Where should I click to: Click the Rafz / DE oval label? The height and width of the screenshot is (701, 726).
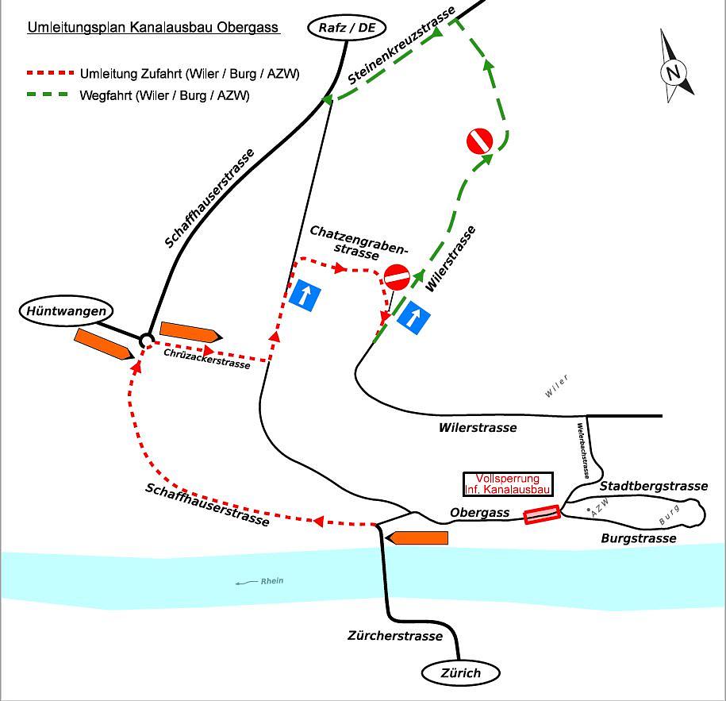347,29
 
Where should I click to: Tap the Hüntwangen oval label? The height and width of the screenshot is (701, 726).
66,311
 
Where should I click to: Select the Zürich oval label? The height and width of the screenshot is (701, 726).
461,673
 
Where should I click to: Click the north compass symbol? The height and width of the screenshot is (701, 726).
674,71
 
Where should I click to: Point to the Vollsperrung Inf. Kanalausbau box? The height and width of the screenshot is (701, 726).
508,484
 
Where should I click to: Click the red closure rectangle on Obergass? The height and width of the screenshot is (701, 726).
542,514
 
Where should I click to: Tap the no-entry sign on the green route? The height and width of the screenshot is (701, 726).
480,141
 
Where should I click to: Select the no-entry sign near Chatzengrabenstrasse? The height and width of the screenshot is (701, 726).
397,278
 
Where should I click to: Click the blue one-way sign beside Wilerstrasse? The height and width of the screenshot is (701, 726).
413,316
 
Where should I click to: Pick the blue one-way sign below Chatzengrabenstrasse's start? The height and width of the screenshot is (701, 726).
305,295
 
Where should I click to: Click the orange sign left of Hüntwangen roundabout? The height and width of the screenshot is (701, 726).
103,345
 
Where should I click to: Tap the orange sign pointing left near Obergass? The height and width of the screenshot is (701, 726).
416,537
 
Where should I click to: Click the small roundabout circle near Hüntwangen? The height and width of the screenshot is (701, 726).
147,340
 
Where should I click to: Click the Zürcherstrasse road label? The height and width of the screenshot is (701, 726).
394,636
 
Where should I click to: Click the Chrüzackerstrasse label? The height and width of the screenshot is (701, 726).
206,358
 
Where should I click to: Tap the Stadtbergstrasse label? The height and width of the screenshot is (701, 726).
653,486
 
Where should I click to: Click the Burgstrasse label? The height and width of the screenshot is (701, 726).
639,538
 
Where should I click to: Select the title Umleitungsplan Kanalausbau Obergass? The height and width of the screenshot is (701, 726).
153,28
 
